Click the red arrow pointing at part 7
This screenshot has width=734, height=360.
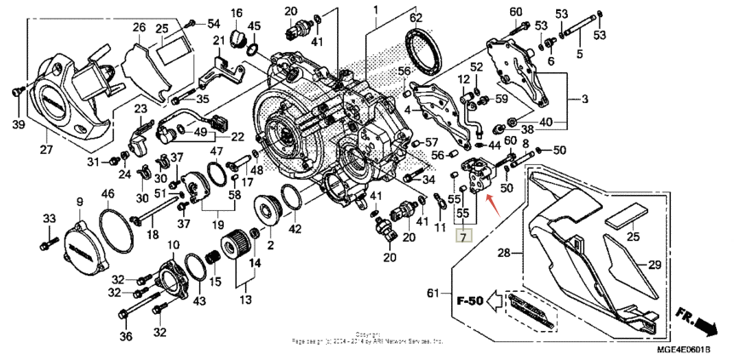(x=491, y=202)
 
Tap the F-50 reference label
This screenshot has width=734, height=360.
(x=472, y=300)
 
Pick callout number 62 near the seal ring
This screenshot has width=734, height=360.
(x=415, y=17)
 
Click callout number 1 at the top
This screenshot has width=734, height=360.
(x=373, y=9)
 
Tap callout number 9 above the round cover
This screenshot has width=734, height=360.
(x=80, y=202)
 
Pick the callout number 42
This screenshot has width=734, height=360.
(x=294, y=228)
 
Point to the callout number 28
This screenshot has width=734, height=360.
(x=504, y=254)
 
